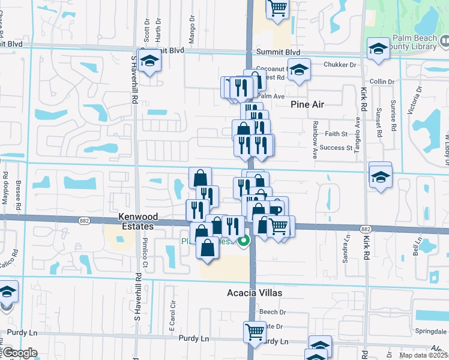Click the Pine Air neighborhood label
tap(307, 104)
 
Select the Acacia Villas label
tap(254, 293)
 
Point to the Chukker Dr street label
tap(340, 64)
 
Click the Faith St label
tap(336, 134)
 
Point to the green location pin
tap(244, 242)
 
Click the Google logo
tap(20, 353)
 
